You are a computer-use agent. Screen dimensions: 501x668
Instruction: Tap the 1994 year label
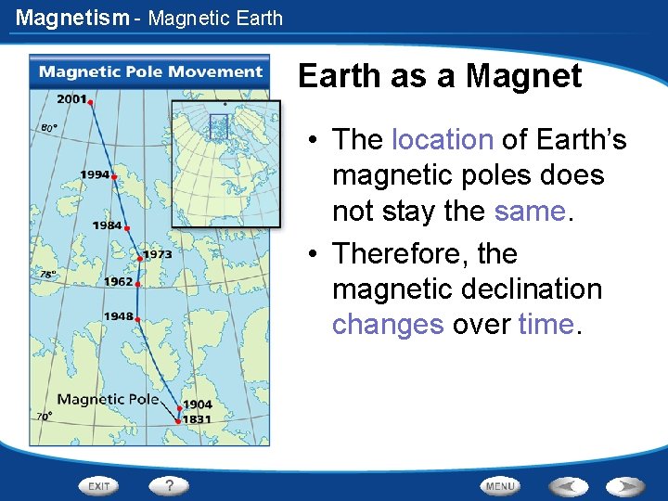pyautogui.click(x=95, y=174)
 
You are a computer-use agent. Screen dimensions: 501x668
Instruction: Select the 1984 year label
pyautogui.click(x=107, y=225)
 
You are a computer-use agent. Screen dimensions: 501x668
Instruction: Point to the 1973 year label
pyautogui.click(x=157, y=254)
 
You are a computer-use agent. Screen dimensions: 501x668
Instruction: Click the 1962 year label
pyautogui.click(x=118, y=281)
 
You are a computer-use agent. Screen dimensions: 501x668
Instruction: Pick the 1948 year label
pyautogui.click(x=118, y=316)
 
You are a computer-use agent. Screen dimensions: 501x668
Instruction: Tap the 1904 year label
pyautogui.click(x=197, y=405)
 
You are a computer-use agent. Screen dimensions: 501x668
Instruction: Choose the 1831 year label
pyautogui.click(x=197, y=419)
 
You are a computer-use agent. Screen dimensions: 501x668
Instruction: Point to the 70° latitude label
pyautogui.click(x=44, y=417)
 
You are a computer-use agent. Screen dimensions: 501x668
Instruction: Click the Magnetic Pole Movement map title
pyautogui.click(x=150, y=72)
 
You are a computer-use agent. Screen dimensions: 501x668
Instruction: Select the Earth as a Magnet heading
pyautogui.click(x=440, y=76)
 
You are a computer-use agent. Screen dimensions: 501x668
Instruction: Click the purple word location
pyautogui.click(x=442, y=139)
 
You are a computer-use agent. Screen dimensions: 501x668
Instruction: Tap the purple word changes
pyautogui.click(x=388, y=324)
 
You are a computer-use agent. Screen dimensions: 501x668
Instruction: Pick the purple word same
pyautogui.click(x=529, y=211)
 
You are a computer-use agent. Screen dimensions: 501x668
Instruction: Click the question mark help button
pyautogui.click(x=170, y=485)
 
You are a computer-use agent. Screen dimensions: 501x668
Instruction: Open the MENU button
pyautogui.click(x=499, y=486)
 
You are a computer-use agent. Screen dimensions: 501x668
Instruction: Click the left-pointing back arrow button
pyautogui.click(x=567, y=486)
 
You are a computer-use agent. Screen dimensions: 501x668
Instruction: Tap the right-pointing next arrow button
pyautogui.click(x=625, y=486)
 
